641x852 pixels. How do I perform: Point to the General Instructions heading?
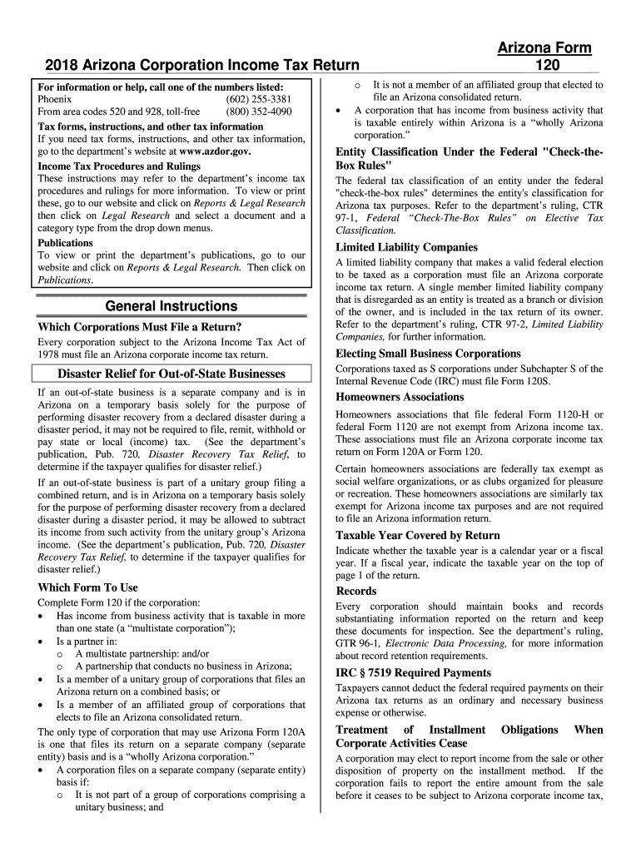[171, 305]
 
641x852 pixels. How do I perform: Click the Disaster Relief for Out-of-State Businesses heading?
[171, 374]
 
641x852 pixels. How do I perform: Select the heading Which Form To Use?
[88, 587]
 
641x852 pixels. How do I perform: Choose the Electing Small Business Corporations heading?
[428, 354]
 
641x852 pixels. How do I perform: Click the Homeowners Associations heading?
[400, 397]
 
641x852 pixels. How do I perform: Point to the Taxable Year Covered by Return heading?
[417, 536]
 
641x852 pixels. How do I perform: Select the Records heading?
[356, 591]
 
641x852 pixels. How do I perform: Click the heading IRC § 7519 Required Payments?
[413, 672]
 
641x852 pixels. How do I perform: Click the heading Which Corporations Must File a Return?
[140, 326]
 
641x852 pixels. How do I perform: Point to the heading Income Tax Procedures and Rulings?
[119, 166]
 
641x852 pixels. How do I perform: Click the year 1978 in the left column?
[52, 354]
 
